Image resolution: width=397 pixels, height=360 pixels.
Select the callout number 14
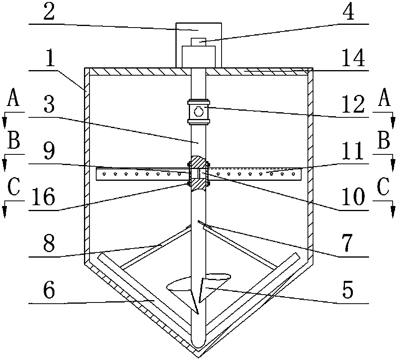pos(354,59)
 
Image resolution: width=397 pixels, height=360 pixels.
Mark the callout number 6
pos(49,290)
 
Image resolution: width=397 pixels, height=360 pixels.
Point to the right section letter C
pos(383,188)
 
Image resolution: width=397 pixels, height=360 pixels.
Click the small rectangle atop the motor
pos(199,42)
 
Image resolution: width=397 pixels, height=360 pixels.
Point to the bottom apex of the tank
pos(199,357)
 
